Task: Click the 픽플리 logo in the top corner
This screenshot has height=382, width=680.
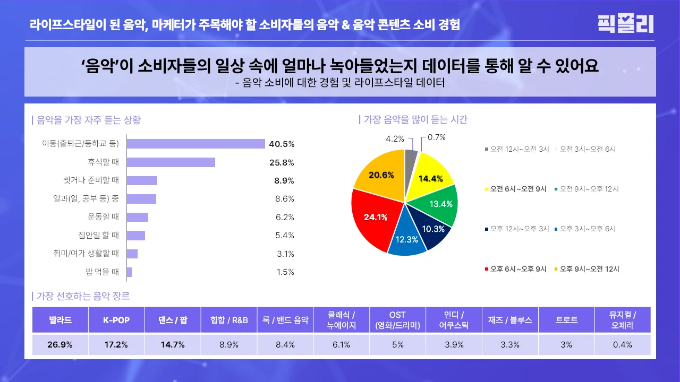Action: pos(625,24)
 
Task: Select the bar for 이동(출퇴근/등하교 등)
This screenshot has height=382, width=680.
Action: pos(195,144)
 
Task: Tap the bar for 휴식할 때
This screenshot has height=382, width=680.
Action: pos(171,162)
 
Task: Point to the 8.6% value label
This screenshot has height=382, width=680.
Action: pos(285,199)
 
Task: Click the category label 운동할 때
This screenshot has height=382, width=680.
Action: pos(103,217)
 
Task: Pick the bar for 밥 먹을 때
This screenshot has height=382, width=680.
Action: pos(129,272)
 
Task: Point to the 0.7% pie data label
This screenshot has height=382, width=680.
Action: pos(436,137)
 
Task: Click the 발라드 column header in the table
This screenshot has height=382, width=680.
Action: pos(60,320)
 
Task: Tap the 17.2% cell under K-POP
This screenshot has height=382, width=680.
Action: pos(116,344)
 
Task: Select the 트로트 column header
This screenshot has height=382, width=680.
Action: pos(566,320)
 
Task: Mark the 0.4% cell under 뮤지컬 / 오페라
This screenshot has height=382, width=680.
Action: pos(622,344)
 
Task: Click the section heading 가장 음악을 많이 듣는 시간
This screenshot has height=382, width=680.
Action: pos(414,120)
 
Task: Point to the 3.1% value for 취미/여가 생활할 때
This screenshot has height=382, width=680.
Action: pos(285,254)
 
